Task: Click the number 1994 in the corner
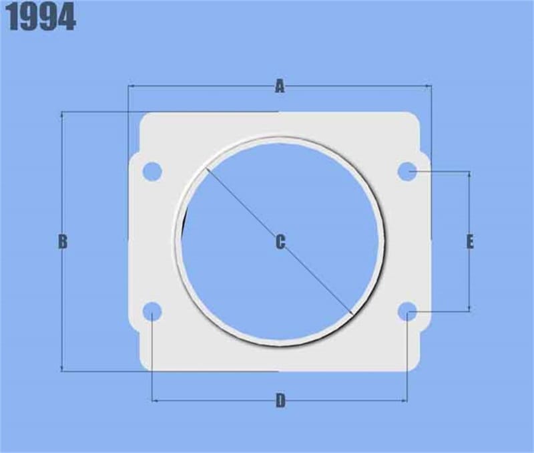pyautogui.click(x=41, y=19)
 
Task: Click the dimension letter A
pyautogui.click(x=280, y=86)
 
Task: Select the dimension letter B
pyautogui.click(x=62, y=242)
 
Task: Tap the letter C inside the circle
pyautogui.click(x=280, y=242)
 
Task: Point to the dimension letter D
pyautogui.click(x=280, y=401)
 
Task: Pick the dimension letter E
pyautogui.click(x=470, y=242)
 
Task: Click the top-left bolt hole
pyautogui.click(x=153, y=171)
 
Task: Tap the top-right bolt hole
pyautogui.click(x=407, y=172)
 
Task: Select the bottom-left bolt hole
pyautogui.click(x=153, y=311)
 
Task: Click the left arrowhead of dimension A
pyautogui.click(x=130, y=86)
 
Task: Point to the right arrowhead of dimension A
pyautogui.click(x=429, y=86)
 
